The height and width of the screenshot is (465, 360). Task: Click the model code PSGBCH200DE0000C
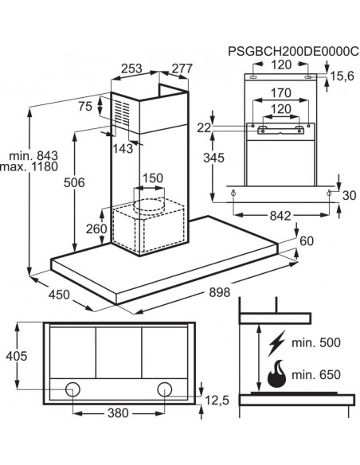(293, 51)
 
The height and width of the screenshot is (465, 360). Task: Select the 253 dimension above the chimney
(131, 68)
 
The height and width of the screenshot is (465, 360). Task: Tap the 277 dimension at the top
(182, 68)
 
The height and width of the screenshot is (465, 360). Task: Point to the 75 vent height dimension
(85, 106)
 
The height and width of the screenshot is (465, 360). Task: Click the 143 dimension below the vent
(123, 148)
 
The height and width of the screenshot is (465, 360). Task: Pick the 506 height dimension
(74, 182)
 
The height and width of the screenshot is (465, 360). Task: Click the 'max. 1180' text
(29, 166)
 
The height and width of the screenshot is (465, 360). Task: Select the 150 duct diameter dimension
(153, 178)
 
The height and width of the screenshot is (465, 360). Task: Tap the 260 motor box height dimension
(96, 229)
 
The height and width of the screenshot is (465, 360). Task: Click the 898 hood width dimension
(220, 292)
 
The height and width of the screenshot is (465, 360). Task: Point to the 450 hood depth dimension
(59, 295)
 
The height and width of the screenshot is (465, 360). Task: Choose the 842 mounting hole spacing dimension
(280, 216)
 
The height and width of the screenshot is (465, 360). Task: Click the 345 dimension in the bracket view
(213, 158)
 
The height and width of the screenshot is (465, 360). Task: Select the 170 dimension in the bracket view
(281, 93)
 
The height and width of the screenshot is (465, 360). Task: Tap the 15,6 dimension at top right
(342, 76)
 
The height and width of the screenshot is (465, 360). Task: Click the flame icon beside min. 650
(276, 374)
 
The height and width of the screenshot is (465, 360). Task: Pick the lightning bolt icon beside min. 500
(276, 343)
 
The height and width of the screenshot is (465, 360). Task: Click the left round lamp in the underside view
(72, 389)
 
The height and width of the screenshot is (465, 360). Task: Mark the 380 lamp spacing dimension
(118, 412)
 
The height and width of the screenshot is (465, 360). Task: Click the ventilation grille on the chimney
(123, 113)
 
